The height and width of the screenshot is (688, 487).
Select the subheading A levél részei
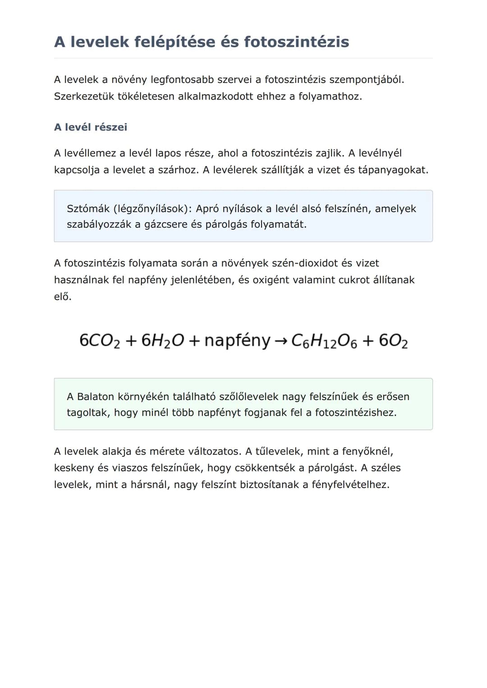click(91, 127)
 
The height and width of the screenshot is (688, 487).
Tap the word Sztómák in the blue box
click(88, 209)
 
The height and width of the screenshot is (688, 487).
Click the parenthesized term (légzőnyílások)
click(153, 209)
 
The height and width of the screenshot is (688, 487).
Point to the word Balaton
click(96, 396)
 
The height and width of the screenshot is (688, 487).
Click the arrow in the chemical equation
click(280, 341)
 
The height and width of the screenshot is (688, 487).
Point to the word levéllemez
click(90, 153)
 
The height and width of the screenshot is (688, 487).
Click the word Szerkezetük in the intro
click(84, 96)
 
